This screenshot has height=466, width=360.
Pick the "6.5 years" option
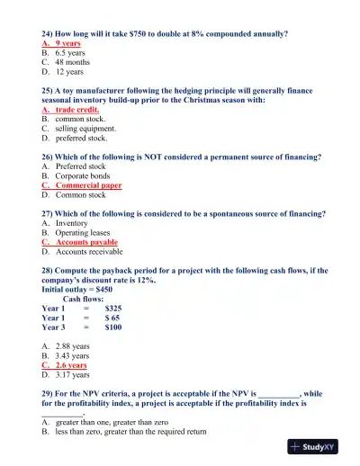click(x=70, y=54)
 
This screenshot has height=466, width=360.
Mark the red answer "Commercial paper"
click(x=88, y=185)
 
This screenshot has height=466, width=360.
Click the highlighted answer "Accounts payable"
click(x=86, y=243)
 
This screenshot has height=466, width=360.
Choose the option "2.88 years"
click(x=72, y=345)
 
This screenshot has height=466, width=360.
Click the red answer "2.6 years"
click(x=71, y=366)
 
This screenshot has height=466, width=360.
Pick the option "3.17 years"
click(x=72, y=376)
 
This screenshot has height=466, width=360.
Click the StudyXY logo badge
click(x=319, y=447)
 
